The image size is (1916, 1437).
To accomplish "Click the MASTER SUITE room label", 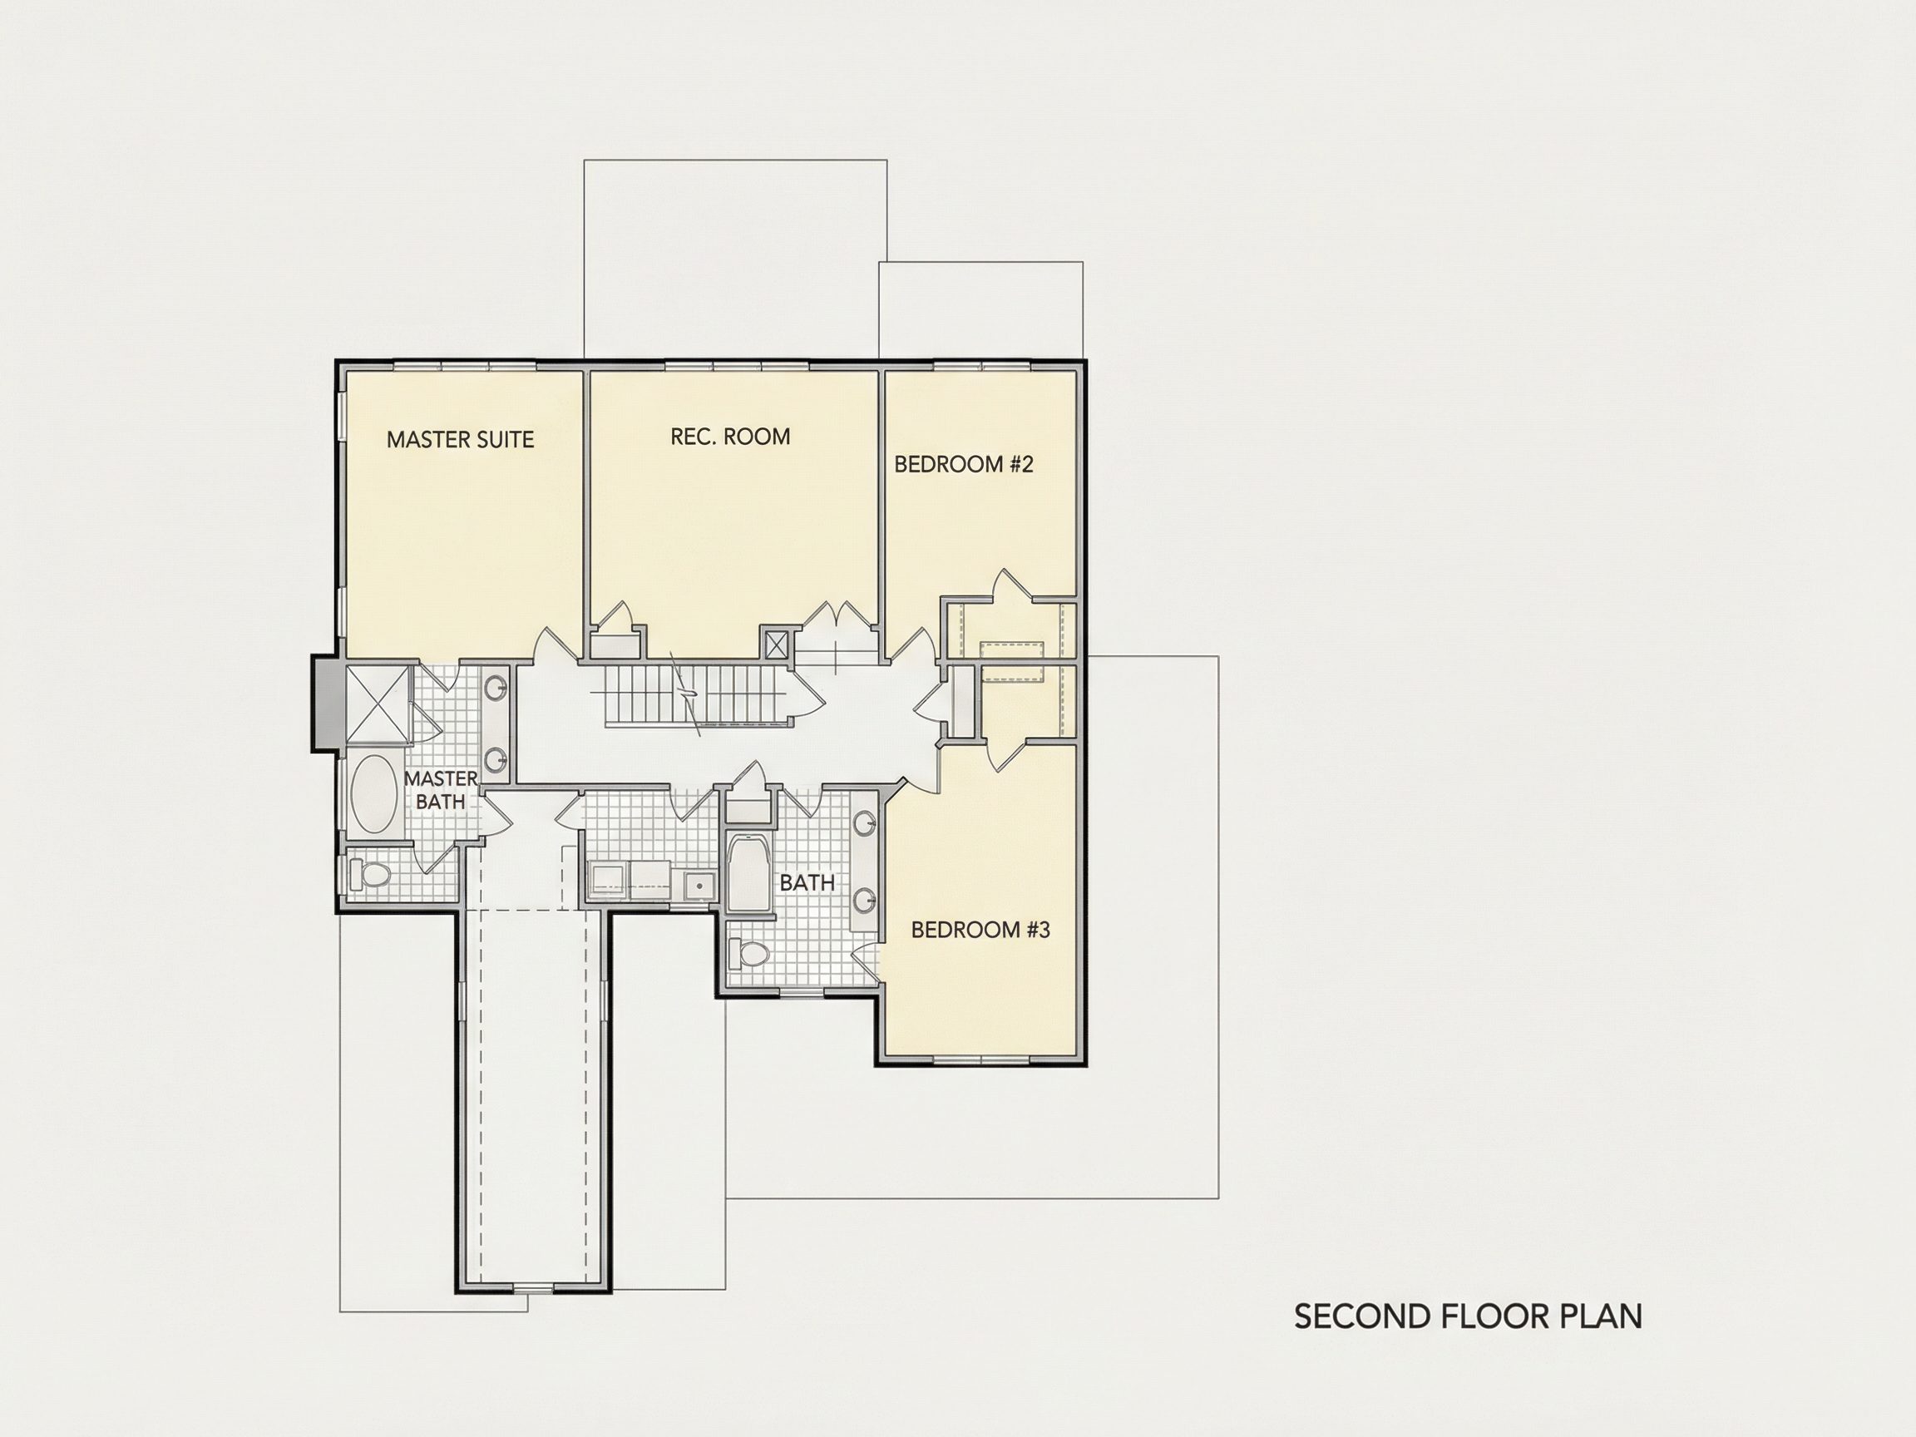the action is (460, 440).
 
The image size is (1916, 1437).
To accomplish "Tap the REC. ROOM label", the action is (730, 437).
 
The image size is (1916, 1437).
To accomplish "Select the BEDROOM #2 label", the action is (964, 464).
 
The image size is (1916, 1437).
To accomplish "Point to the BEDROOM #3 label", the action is (980, 930).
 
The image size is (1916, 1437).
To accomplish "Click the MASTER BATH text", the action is (441, 790).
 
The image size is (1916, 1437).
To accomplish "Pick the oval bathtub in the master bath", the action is (374, 794).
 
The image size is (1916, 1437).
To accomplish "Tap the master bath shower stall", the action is (377, 704).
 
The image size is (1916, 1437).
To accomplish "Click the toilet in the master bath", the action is (370, 875).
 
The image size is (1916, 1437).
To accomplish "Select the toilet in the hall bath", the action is (749, 956).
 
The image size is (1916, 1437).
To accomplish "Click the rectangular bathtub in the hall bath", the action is (750, 872).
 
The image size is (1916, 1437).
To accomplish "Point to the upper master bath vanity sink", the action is (496, 689).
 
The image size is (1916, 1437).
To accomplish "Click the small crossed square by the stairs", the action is (775, 644).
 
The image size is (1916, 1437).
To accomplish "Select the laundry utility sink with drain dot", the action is (699, 886).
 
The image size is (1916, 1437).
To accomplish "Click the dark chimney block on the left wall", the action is (325, 703).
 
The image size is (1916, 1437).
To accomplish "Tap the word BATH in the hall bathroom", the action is (807, 882).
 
